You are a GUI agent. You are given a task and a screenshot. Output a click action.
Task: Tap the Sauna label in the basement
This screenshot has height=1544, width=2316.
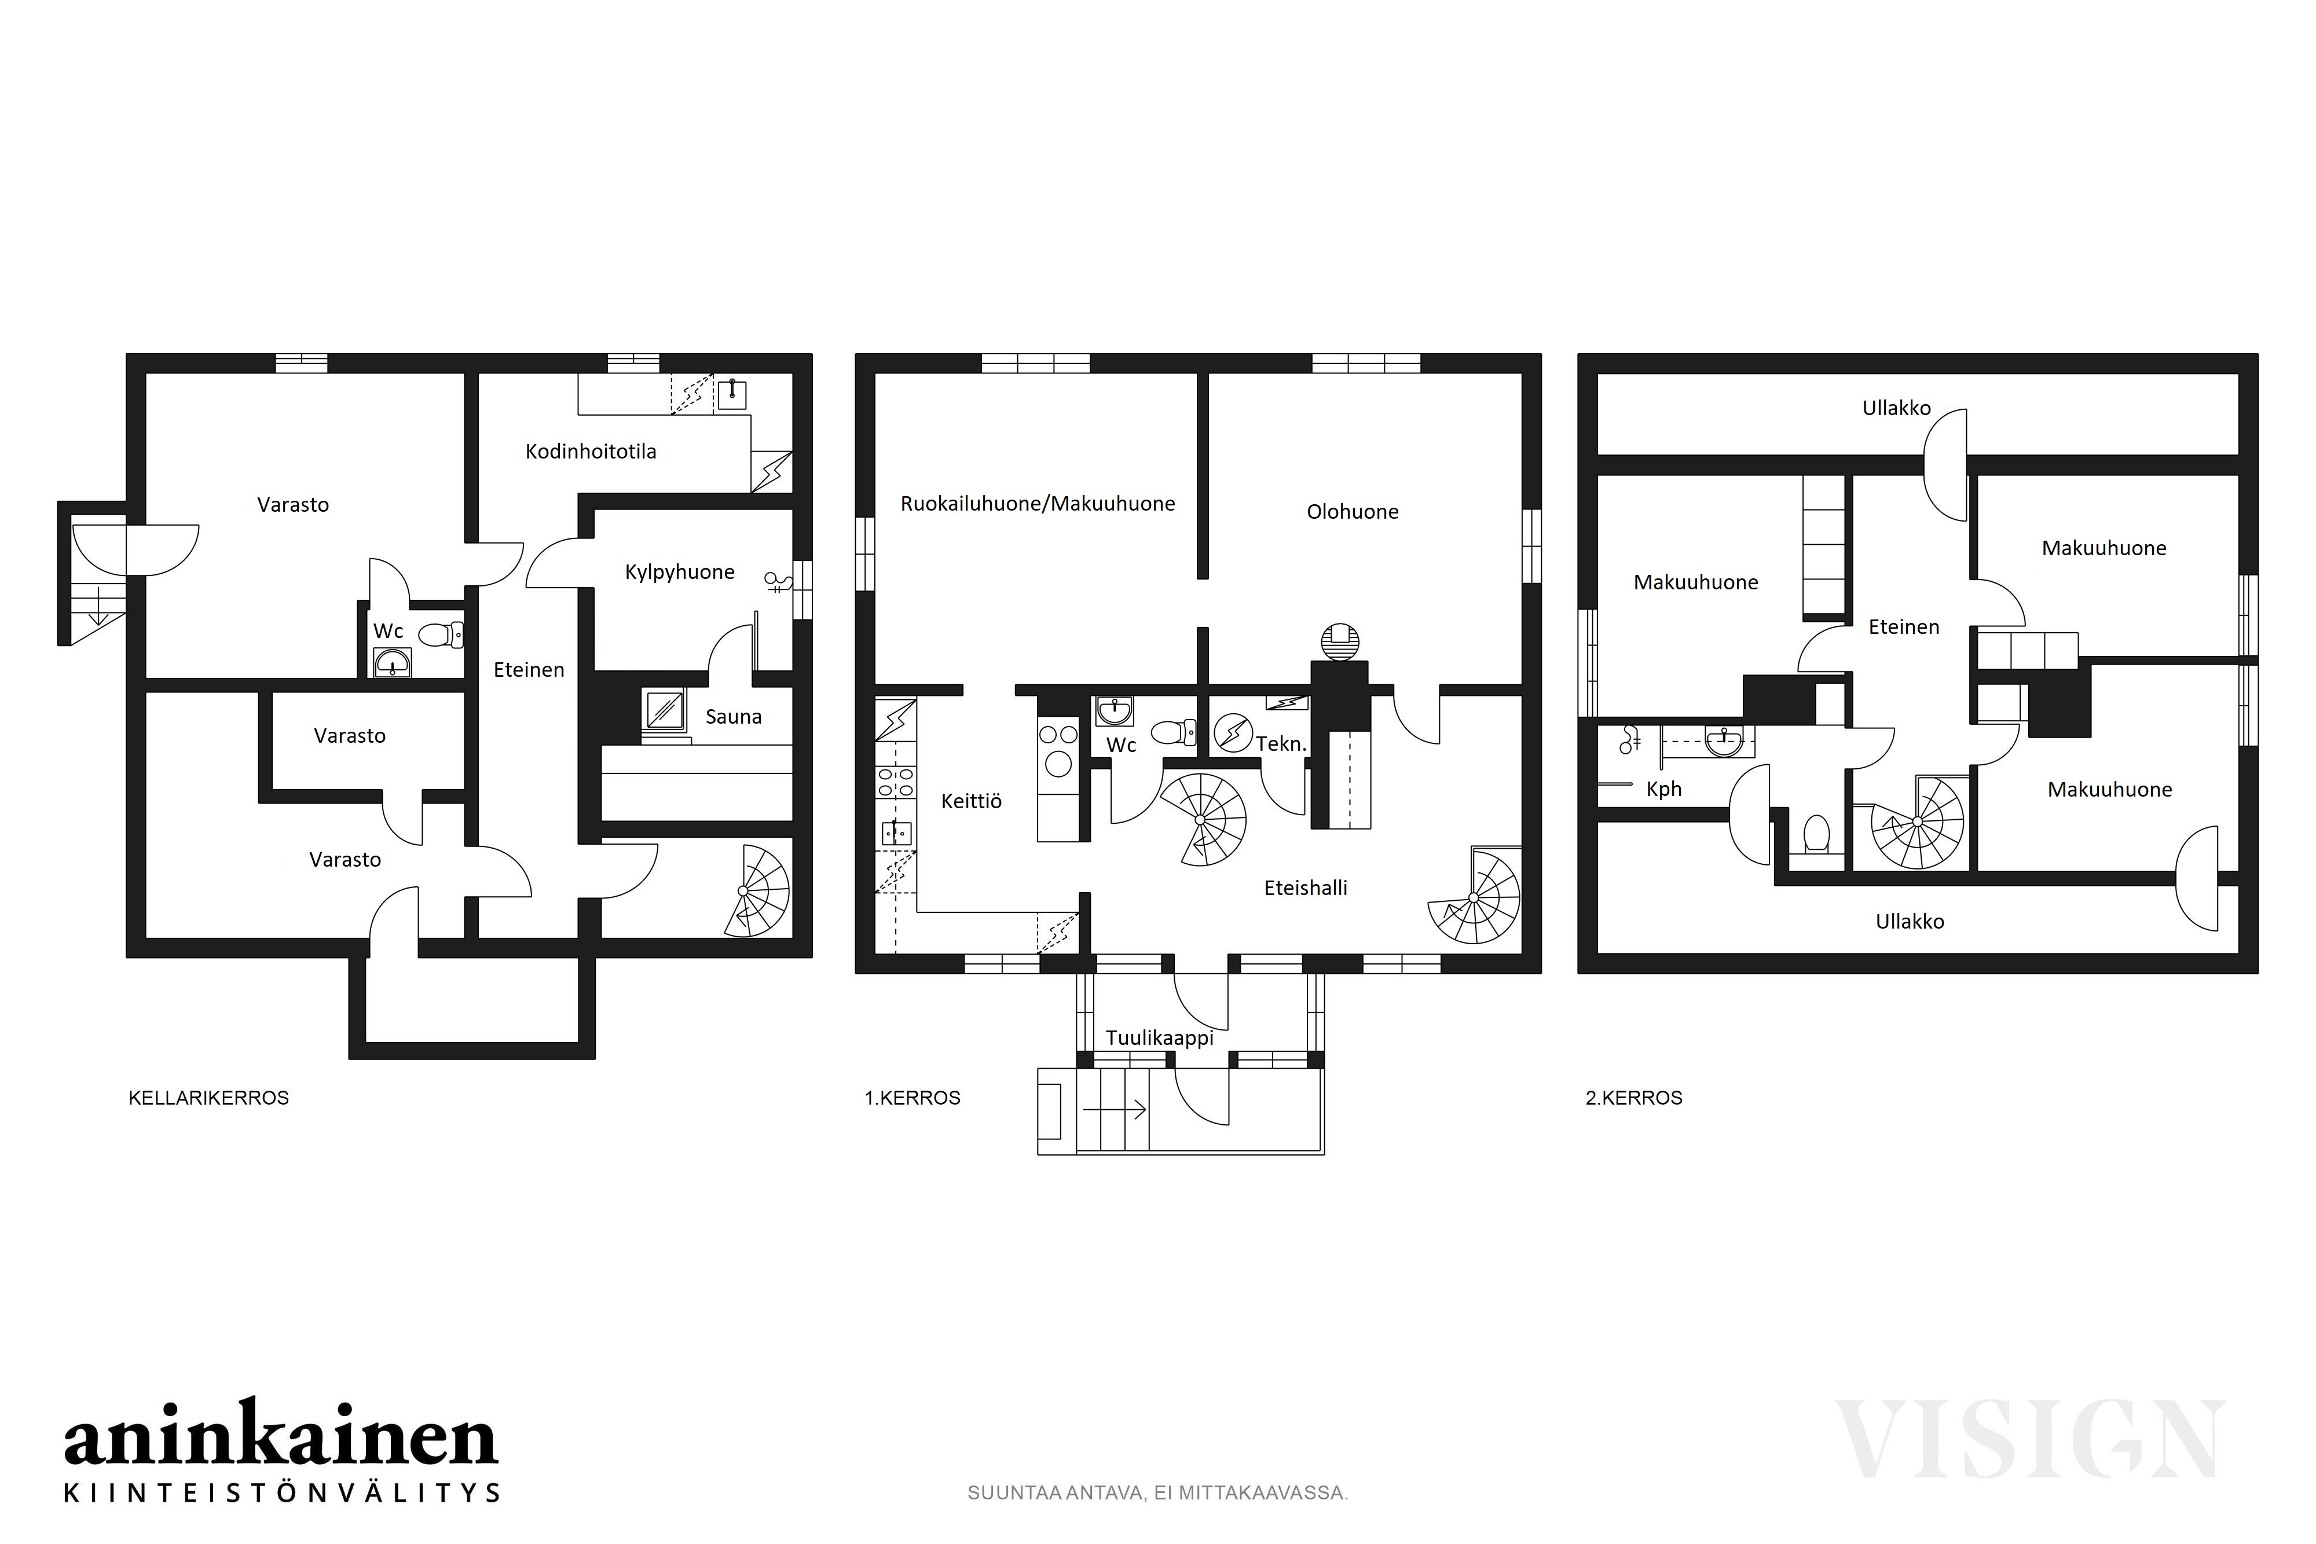click(x=734, y=717)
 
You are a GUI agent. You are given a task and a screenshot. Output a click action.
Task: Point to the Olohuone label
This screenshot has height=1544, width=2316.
click(x=1352, y=512)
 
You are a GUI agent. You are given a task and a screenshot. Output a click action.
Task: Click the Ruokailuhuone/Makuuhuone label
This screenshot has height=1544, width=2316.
click(x=1038, y=504)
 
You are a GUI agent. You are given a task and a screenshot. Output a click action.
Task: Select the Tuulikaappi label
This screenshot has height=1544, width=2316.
click(x=1159, y=1039)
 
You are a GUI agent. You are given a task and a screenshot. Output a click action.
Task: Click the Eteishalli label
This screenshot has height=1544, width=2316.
click(x=1306, y=888)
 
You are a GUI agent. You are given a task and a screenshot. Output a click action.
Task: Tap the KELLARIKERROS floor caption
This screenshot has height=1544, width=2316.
click(x=209, y=1098)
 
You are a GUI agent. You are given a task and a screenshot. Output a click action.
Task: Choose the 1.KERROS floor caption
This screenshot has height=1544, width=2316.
click(x=912, y=1098)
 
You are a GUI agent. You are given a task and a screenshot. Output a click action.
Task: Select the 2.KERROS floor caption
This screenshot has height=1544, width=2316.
click(x=1633, y=1098)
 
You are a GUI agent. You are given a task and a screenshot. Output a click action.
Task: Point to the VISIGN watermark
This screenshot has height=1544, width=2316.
click(x=2031, y=1440)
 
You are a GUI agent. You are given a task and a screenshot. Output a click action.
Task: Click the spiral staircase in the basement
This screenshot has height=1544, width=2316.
click(x=756, y=890)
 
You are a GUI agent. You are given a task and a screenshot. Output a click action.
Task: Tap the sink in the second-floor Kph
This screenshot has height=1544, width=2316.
click(x=1723, y=742)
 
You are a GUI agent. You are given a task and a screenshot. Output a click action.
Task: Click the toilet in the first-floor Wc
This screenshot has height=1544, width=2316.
click(x=1173, y=732)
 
